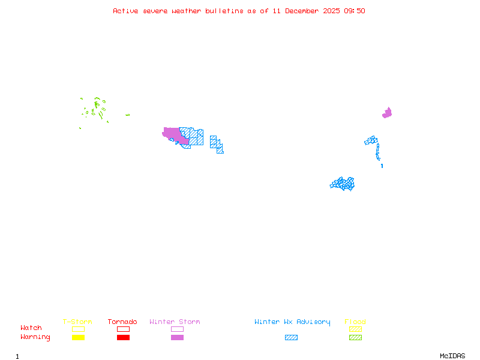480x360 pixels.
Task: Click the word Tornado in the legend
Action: (122, 322)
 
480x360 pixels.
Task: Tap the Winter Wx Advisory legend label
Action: (292, 322)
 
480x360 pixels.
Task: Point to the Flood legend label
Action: (355, 322)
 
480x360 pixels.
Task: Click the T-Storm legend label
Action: (77, 322)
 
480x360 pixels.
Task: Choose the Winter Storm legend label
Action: (175, 322)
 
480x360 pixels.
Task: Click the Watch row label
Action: (31, 328)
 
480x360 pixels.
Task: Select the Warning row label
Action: (35, 337)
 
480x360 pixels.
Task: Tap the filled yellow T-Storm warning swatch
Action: (78, 338)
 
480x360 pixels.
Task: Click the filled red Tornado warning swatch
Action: (123, 338)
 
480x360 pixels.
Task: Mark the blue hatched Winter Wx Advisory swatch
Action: (291, 338)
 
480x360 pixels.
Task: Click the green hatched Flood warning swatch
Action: (355, 338)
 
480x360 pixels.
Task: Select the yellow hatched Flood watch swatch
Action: (355, 329)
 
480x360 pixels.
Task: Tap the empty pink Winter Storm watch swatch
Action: (177, 329)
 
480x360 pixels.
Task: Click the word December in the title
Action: (305, 11)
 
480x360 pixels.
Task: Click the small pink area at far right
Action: (387, 113)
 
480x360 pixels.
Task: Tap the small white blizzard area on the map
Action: (381, 160)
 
